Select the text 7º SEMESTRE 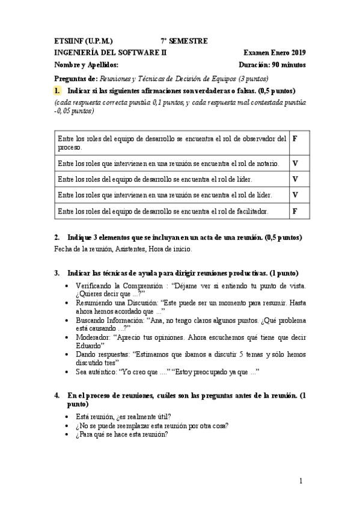pos(184,41)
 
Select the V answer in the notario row pos(295,163)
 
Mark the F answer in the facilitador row pos(294,211)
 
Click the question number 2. pos(56,238)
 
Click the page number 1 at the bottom pos(302,481)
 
